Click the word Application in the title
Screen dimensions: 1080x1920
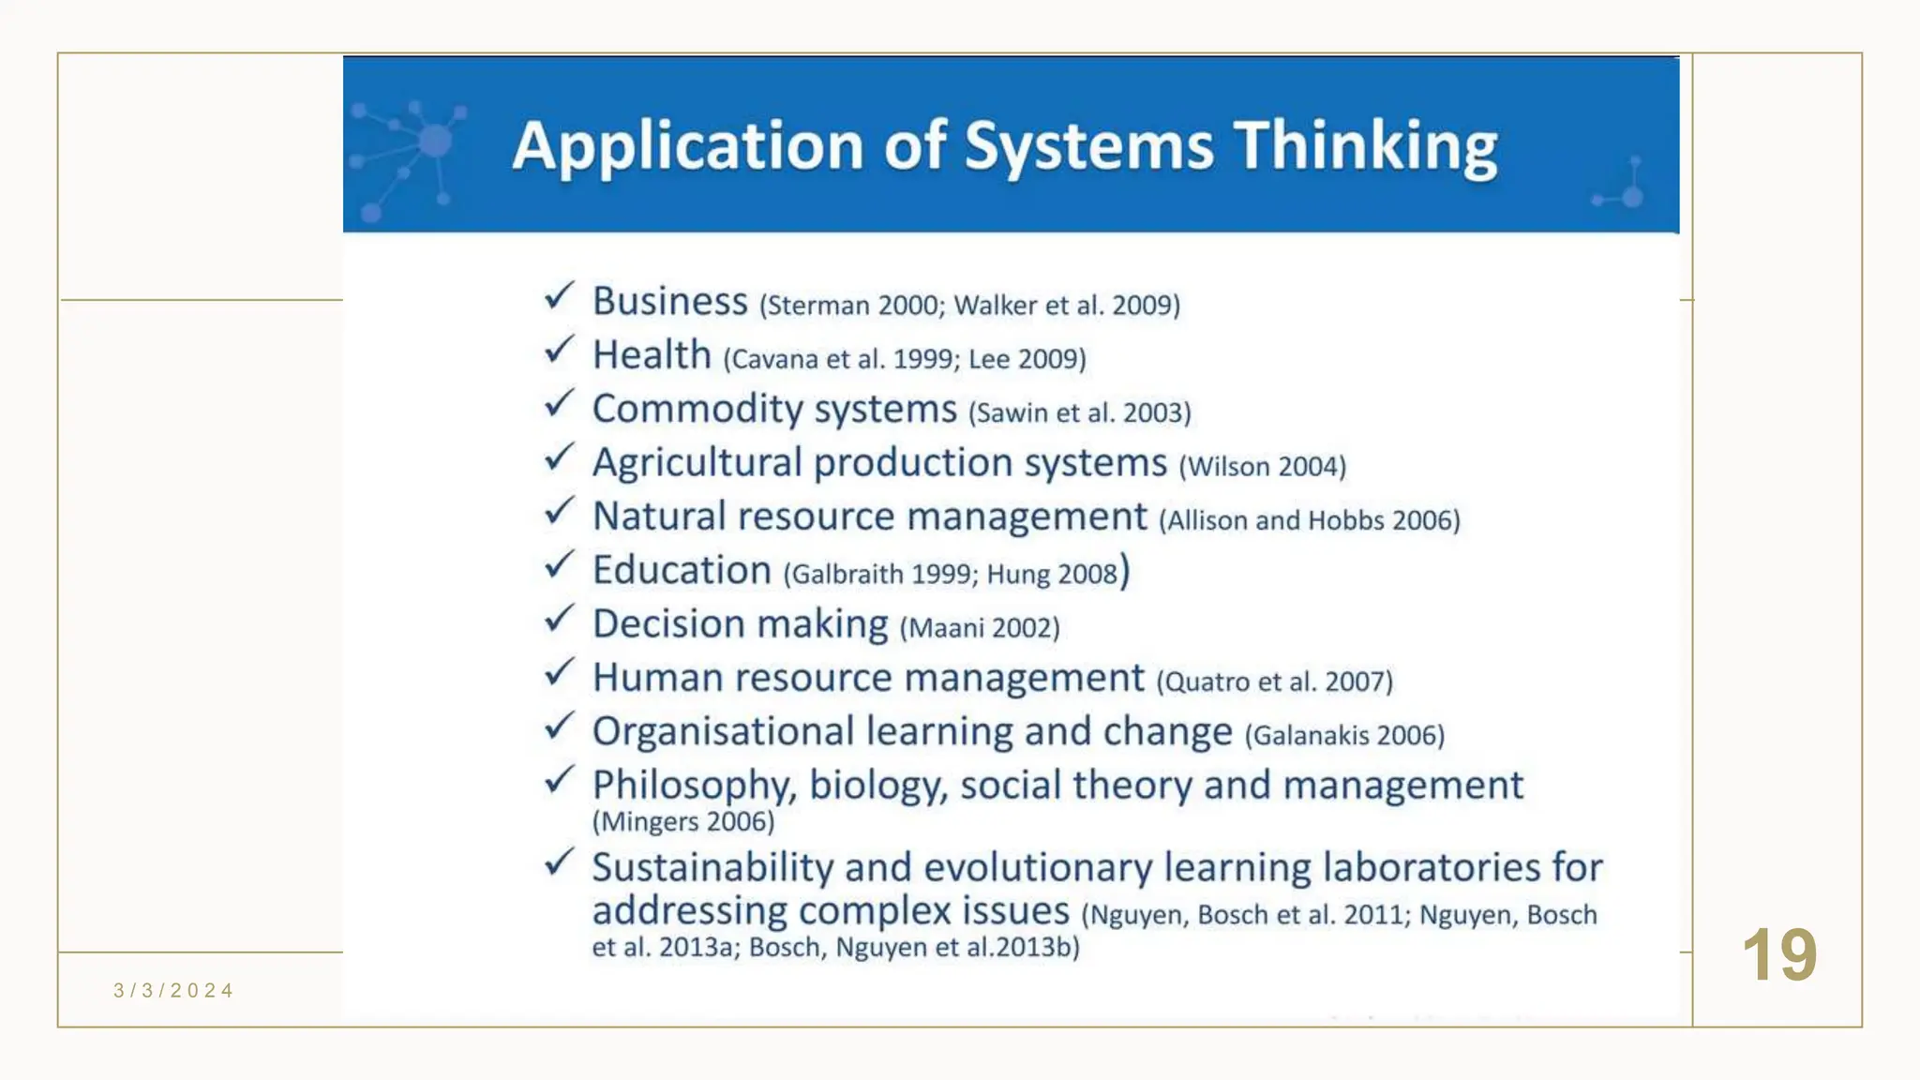pyautogui.click(x=687, y=147)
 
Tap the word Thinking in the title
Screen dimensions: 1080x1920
pyautogui.click(x=1365, y=147)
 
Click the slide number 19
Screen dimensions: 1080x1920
pyautogui.click(x=1778, y=955)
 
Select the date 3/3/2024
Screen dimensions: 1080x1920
pyautogui.click(x=173, y=991)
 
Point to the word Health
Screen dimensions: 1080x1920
pyautogui.click(x=652, y=355)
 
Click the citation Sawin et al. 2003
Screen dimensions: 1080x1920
pyautogui.click(x=1079, y=412)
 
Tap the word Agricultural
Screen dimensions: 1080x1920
pyautogui.click(x=697, y=463)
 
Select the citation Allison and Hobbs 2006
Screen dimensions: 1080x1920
pyautogui.click(x=1310, y=520)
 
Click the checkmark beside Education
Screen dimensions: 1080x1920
pyautogui.click(x=559, y=564)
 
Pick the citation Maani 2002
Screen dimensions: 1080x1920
pyautogui.click(x=980, y=627)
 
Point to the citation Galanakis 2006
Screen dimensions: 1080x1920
pyautogui.click(x=1344, y=735)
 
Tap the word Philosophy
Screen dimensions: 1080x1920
pyautogui.click(x=694, y=786)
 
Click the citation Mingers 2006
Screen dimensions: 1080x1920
pyautogui.click(x=683, y=822)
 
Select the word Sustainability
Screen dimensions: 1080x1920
pyautogui.click(x=712, y=868)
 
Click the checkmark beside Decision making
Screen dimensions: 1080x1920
pyautogui.click(x=559, y=619)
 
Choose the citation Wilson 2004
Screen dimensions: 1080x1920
pyautogui.click(x=1262, y=466)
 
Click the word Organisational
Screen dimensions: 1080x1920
pyautogui.click(x=723, y=732)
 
